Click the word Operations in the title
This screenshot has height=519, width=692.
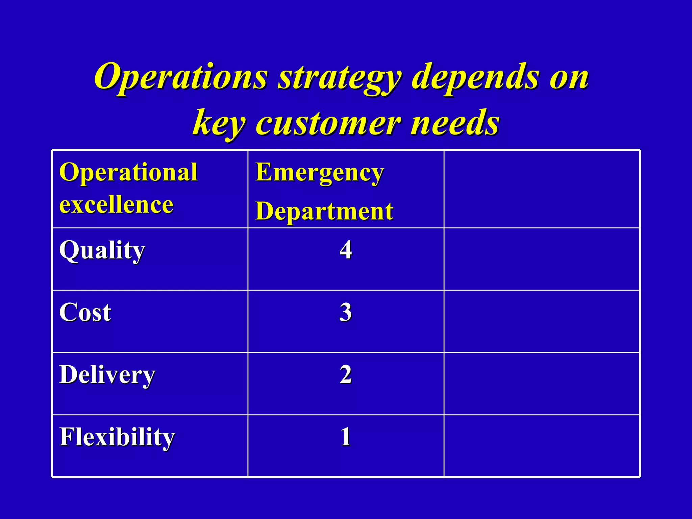(x=181, y=77)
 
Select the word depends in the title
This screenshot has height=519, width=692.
(x=475, y=78)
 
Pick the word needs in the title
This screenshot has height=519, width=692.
(x=454, y=122)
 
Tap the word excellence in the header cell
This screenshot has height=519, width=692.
(x=116, y=205)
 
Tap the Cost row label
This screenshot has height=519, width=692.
(x=85, y=312)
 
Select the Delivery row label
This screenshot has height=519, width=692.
(x=107, y=375)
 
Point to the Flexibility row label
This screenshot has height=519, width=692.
(x=117, y=437)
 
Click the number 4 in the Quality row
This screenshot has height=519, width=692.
(x=346, y=250)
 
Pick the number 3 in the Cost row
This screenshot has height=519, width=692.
(x=346, y=312)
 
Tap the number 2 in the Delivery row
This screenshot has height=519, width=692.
(x=346, y=374)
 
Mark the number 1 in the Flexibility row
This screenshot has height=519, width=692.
(x=346, y=437)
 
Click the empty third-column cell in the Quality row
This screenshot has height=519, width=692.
(x=541, y=259)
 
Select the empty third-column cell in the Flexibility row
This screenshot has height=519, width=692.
(x=541, y=445)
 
